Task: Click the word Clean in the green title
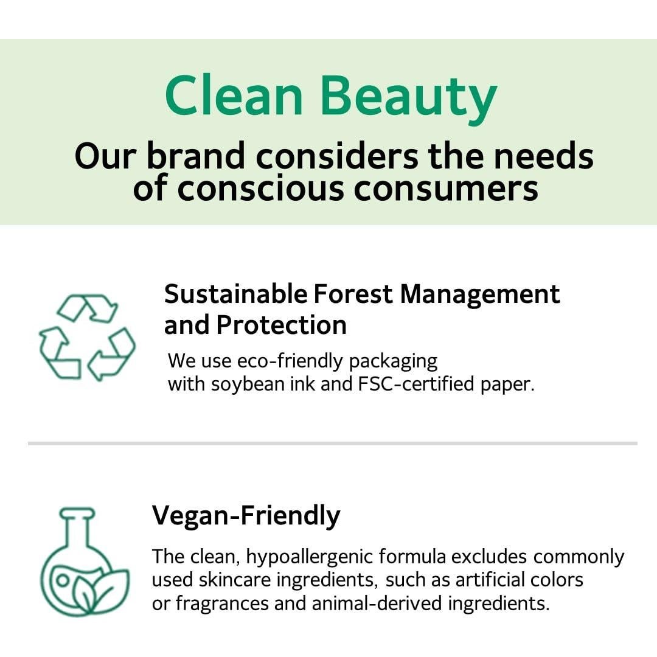[234, 96]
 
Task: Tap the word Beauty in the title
[409, 100]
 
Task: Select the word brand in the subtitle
[196, 156]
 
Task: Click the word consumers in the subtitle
[446, 189]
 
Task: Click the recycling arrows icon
[87, 337]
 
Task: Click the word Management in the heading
[480, 294]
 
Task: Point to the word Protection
[282, 325]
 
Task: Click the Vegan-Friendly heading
[246, 516]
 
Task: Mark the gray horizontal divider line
[333, 443]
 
